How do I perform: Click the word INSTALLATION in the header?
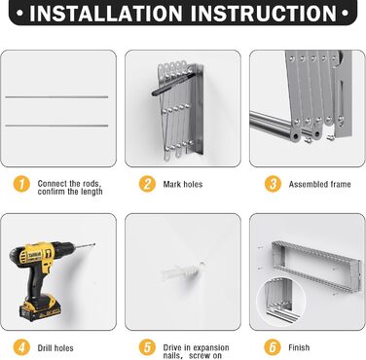coord(106,13)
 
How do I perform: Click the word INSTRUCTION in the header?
coord(263,13)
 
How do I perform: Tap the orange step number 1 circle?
coord(21,184)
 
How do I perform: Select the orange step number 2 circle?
coord(147,184)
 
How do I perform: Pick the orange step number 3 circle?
coord(273,184)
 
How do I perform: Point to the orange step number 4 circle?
coord(21,347)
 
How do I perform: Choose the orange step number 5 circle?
coord(147,347)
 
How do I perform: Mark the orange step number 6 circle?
coord(273,347)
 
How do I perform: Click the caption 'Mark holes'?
coord(183,185)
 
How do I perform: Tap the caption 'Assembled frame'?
coord(319,185)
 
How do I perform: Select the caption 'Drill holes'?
coord(55,348)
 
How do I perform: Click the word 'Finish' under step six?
coord(299,347)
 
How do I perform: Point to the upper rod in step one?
coord(56,97)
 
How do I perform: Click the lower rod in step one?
coord(56,126)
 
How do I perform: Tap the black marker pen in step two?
coord(173,85)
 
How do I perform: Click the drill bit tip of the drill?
coord(94,244)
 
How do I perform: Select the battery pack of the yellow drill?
coord(40,308)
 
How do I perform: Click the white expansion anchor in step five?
coord(183,271)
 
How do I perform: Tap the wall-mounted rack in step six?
coord(316,266)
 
